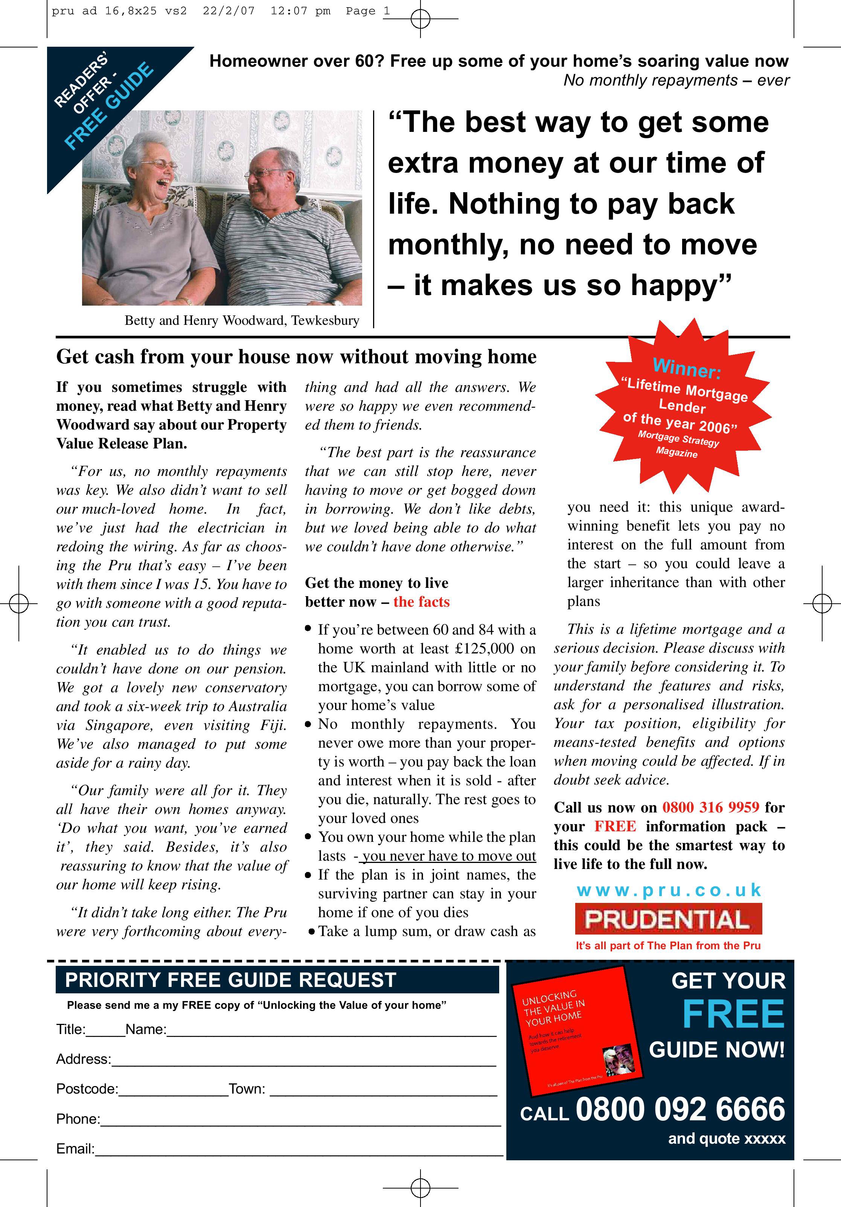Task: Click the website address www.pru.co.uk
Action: point(669,890)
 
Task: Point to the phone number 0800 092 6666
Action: point(680,1109)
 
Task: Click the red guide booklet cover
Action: point(576,1031)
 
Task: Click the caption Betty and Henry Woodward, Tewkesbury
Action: point(242,321)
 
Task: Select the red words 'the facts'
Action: point(421,602)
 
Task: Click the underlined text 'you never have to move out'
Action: point(449,857)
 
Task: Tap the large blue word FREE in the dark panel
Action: point(733,1014)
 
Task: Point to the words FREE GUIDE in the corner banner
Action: point(109,106)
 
